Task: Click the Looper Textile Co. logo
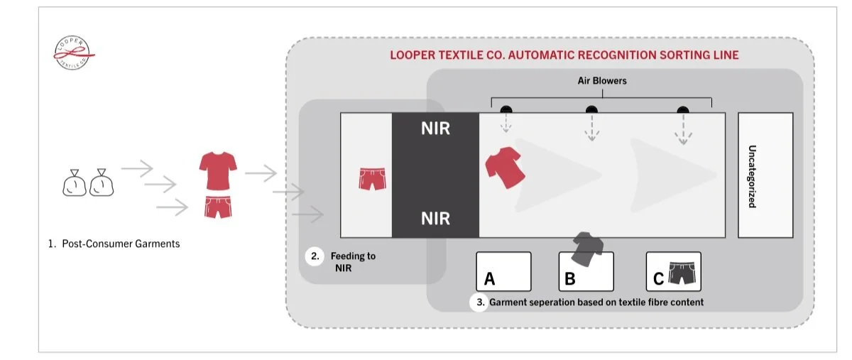[x=75, y=53]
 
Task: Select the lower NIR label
[x=435, y=218]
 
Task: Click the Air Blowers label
[x=601, y=81]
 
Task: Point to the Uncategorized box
[x=765, y=175]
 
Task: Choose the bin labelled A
[x=503, y=271]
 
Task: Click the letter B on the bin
[x=569, y=279]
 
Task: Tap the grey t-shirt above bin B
[x=586, y=246]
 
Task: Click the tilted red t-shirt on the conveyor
[x=504, y=168]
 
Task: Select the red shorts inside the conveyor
[x=372, y=178]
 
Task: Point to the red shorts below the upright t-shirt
[x=217, y=207]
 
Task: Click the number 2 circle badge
[x=315, y=257]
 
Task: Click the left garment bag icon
[x=76, y=184]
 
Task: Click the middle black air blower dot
[x=591, y=110]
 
